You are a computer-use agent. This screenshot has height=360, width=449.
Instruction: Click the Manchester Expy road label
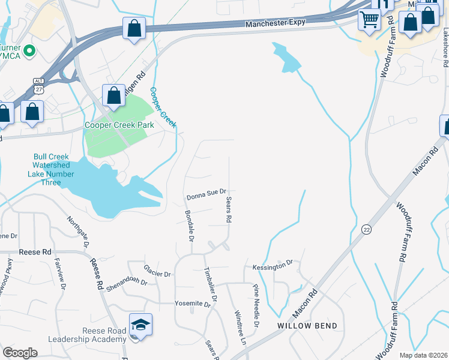pos(276,23)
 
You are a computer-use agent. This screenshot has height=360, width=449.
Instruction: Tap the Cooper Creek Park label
pos(119,125)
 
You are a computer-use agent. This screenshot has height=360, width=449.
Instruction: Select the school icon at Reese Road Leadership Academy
pos(141,325)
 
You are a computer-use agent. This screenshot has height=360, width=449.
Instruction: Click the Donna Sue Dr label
pos(205,195)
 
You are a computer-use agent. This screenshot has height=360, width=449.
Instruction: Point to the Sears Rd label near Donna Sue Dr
pos(229,209)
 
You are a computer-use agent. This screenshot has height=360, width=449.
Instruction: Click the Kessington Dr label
pos(272,263)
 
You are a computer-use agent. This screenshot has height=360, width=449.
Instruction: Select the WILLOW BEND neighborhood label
pos(307,326)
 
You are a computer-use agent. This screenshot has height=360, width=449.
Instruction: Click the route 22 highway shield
pos(366,229)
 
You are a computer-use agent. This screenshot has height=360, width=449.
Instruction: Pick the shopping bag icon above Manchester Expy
pos(134,28)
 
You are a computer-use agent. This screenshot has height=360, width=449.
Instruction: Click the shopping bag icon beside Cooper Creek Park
pos(113,95)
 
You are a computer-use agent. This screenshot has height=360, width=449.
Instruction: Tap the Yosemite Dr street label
pos(193,304)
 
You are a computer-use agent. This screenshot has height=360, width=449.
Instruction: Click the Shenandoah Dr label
pos(127,281)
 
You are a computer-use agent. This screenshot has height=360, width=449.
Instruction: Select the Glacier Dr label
pos(157,271)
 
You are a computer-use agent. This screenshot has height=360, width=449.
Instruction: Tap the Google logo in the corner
pos(20,353)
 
